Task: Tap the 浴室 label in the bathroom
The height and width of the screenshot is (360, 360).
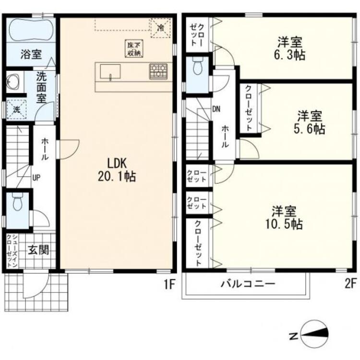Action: tap(31, 54)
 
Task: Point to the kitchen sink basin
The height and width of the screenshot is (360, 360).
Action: tap(110, 72)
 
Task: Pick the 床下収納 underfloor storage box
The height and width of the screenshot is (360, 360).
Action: tap(134, 48)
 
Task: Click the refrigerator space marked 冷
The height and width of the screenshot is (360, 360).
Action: tap(161, 28)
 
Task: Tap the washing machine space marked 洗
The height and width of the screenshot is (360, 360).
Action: tap(16, 109)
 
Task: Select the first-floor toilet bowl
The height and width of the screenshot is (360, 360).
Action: tap(17, 202)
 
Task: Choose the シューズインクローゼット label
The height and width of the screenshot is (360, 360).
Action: tap(12, 251)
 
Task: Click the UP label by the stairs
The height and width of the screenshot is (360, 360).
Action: tap(36, 178)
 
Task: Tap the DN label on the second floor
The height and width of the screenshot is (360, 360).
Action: tap(216, 109)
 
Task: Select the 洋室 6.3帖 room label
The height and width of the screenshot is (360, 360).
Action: tap(290, 48)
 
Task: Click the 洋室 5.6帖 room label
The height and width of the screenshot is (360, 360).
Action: tap(310, 122)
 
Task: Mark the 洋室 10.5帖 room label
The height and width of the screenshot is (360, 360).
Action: tap(284, 217)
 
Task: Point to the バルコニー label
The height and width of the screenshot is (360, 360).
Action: tap(248, 284)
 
